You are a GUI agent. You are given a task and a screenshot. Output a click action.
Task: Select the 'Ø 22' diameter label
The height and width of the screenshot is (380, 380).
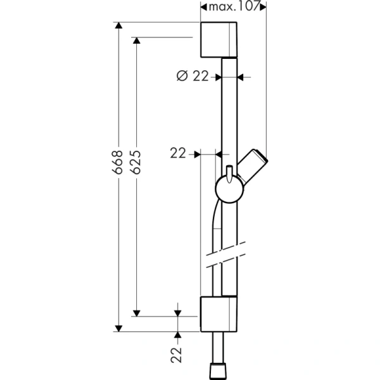point(192,77)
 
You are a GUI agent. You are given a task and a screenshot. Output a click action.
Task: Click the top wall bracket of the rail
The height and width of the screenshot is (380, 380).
point(219,40)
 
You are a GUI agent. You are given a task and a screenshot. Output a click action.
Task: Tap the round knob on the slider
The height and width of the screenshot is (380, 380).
point(227,188)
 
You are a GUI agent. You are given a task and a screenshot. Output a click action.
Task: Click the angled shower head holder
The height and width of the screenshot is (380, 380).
point(254,166)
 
